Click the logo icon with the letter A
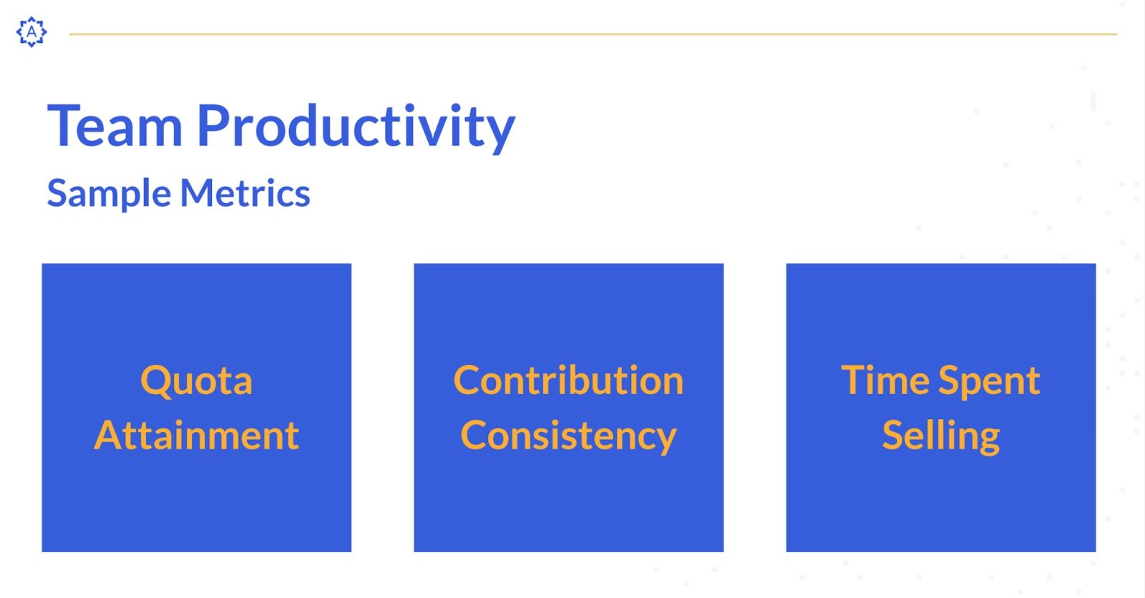click(x=31, y=31)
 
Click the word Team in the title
click(x=114, y=126)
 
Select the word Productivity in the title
click(x=356, y=128)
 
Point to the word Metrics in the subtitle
click(x=245, y=192)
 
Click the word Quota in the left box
click(x=196, y=381)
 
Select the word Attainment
click(x=197, y=436)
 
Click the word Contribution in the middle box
click(x=568, y=381)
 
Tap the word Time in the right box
click(x=885, y=381)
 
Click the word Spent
click(x=990, y=382)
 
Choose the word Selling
click(x=941, y=436)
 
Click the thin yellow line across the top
click(x=593, y=34)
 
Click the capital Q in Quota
click(x=157, y=381)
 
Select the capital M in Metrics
click(x=200, y=193)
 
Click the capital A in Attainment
click(x=108, y=436)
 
